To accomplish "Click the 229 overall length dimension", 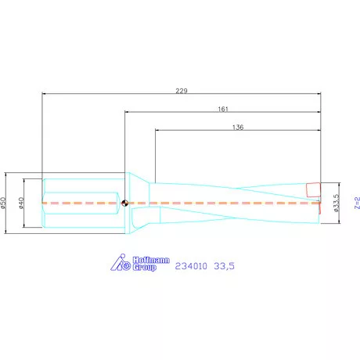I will pos(182,91).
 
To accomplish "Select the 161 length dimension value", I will pos(223,109).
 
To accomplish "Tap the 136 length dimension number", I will pos(238,127).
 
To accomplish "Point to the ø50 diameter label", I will pos(5,203).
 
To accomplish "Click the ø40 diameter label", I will pos(23,203).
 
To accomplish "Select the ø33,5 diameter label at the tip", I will pos(336,203).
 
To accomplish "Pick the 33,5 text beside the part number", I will pos(224,266).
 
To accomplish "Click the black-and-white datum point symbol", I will pos(125,203).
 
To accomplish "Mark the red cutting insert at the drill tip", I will pos(313,189).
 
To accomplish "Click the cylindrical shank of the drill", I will pos(82,203).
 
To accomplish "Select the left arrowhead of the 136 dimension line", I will pos(157,131).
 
